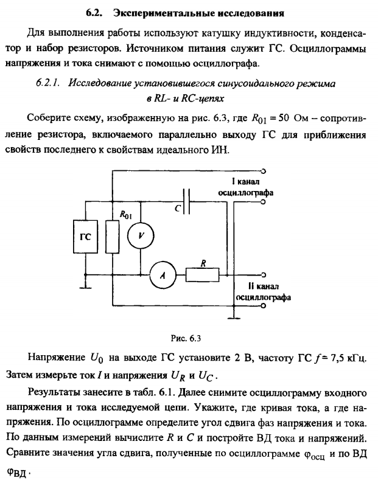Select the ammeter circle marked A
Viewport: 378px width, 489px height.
[162, 275]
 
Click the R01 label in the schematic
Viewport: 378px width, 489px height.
[126, 214]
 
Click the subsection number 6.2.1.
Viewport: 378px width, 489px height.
[50, 81]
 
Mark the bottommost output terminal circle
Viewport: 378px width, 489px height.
[263, 307]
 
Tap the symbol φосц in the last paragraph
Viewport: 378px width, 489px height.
[308, 453]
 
